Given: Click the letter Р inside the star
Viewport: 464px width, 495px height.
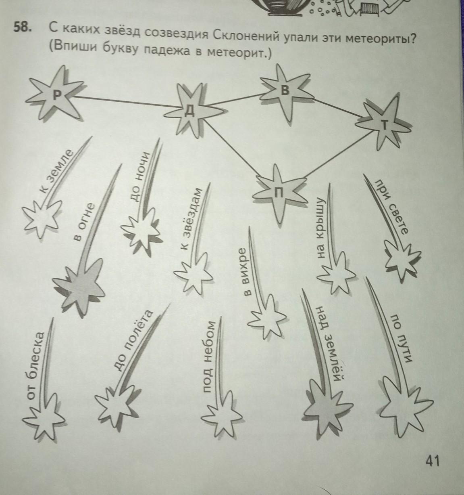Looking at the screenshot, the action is pos(57,95).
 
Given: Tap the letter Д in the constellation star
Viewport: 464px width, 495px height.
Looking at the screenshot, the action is pos(190,111).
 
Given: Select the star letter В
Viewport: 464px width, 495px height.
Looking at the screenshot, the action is pos(285,90).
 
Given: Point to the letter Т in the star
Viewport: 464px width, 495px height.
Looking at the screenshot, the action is pos(385,125).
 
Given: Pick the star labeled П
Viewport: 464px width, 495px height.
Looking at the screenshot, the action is pos(279,192).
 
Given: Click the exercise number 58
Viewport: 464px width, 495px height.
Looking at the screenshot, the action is pos(23,27).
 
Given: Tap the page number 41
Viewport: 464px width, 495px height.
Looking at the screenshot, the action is pos(433,461).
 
